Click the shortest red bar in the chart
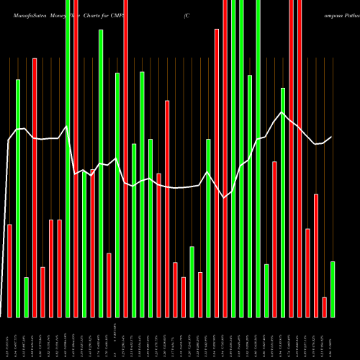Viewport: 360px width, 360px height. point(324,307)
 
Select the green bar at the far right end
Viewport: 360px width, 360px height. point(333,289)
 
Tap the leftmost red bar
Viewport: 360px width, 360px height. point(9,270)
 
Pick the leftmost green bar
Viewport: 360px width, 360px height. point(18,198)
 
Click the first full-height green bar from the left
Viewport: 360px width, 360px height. point(68,158)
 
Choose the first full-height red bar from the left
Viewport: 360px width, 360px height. point(76,158)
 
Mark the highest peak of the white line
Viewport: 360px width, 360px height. point(283,112)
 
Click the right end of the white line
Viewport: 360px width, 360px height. point(332,137)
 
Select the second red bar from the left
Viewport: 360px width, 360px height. point(35,187)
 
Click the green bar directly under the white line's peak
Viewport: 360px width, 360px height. point(283,202)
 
